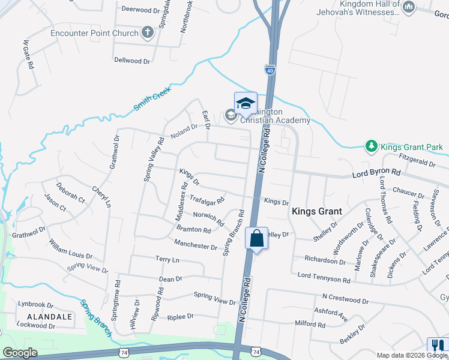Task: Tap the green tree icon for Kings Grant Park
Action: pyautogui.click(x=372, y=147)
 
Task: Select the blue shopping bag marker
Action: pyautogui.click(x=256, y=238)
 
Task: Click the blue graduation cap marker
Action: pyautogui.click(x=245, y=103)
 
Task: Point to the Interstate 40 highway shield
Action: pyautogui.click(x=270, y=70)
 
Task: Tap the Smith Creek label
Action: pyautogui.click(x=152, y=98)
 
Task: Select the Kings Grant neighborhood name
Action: pyautogui.click(x=316, y=211)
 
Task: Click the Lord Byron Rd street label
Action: pyautogui.click(x=376, y=173)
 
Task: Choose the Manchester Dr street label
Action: pyautogui.click(x=195, y=246)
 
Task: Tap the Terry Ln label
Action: pyautogui.click(x=167, y=260)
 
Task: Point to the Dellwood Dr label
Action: pyautogui.click(x=132, y=61)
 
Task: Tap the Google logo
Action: pyautogui.click(x=20, y=353)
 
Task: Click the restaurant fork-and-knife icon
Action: pyautogui.click(x=435, y=345)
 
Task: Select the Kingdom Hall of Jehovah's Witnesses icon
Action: pyautogui.click(x=409, y=7)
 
